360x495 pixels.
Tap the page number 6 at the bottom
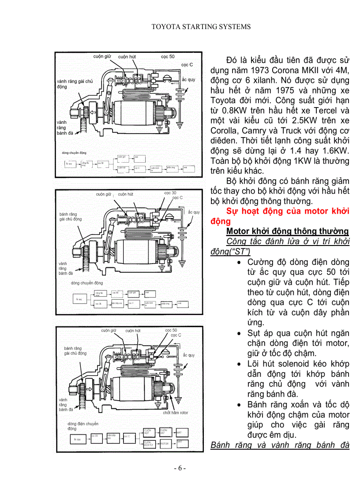(x=180, y=468)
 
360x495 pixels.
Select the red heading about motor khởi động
(x=287, y=216)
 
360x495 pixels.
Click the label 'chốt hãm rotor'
(x=175, y=413)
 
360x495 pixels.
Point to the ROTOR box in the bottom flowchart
(x=165, y=444)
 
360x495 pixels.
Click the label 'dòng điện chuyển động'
(x=83, y=426)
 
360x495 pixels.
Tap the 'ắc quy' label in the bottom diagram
(x=189, y=355)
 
